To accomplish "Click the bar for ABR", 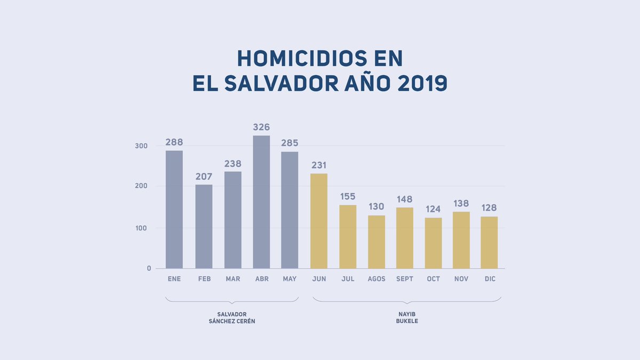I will coord(261,202).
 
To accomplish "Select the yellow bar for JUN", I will coord(319,221).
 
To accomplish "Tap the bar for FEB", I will coord(204,226).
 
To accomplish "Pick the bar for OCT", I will coord(433,243).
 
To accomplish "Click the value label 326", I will coord(261,127).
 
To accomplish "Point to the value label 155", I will coord(348,197).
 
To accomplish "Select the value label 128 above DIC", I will coord(489,207).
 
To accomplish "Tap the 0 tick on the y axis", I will coord(149,268).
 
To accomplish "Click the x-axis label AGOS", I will coord(377,279).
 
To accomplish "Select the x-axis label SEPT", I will coord(405,279).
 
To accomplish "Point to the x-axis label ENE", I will coord(174,279).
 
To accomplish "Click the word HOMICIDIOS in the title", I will coord(320,59).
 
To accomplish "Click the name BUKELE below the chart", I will coord(407,321).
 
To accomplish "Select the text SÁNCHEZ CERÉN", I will coord(232,321).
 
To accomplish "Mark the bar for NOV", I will coord(461,240).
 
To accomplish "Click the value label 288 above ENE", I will coord(174,142).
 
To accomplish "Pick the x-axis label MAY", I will coord(290,279).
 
